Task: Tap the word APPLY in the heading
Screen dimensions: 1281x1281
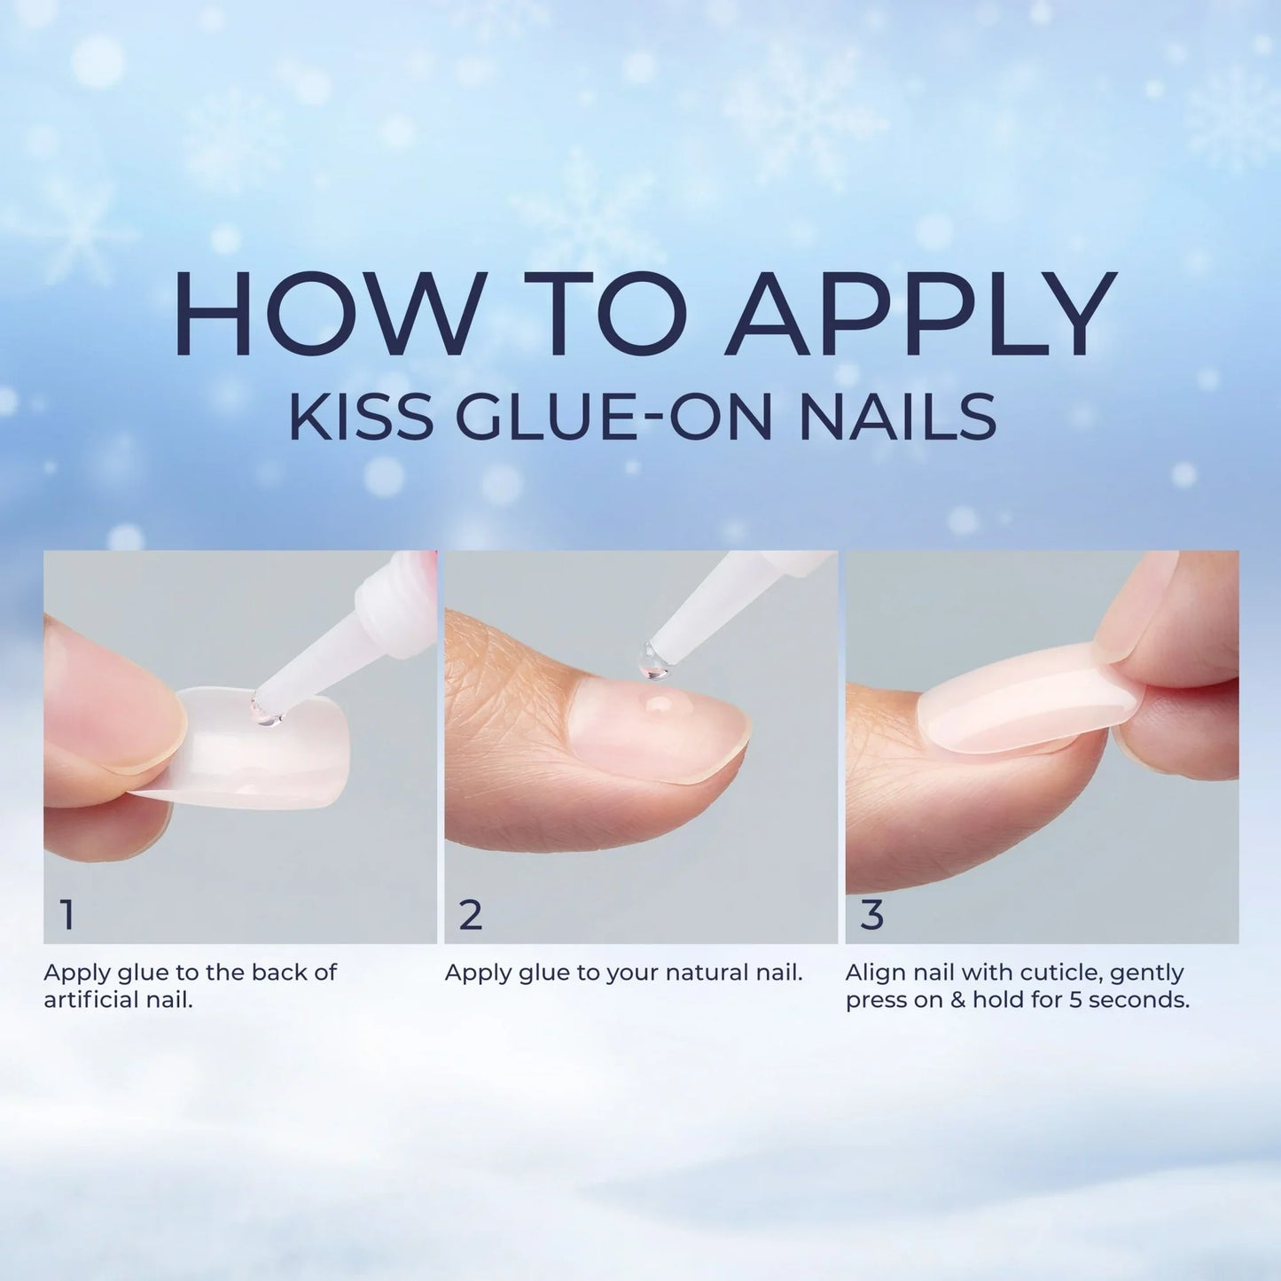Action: (919, 312)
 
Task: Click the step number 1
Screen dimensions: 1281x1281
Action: (67, 915)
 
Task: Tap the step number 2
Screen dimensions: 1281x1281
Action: (471, 915)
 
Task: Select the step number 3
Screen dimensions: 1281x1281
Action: (872, 915)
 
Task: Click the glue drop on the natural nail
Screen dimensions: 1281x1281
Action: (658, 704)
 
